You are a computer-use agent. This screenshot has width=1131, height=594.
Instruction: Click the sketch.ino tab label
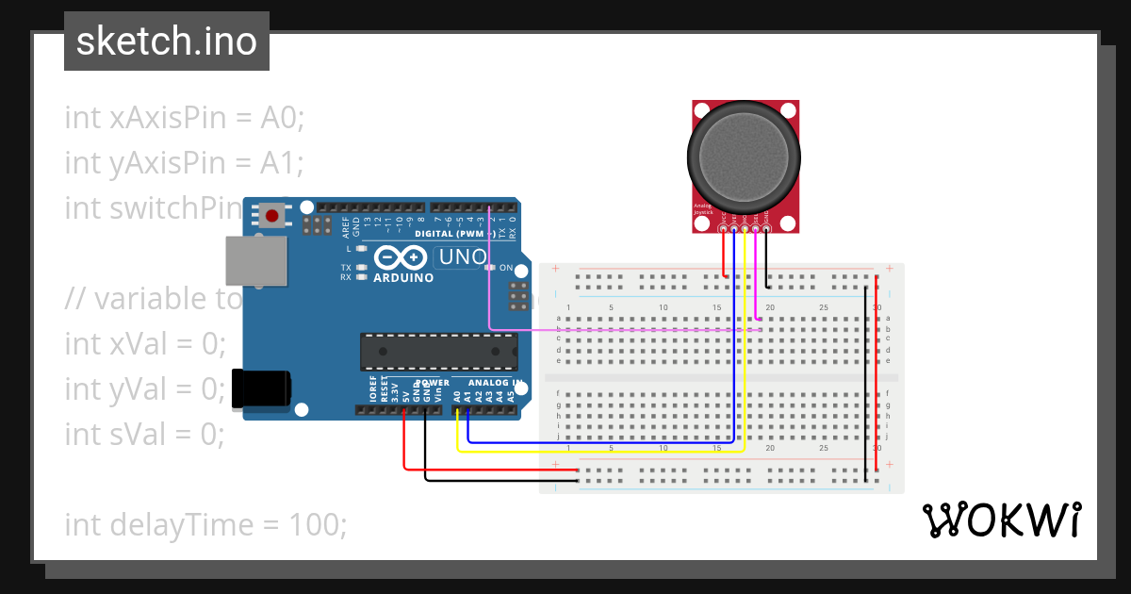pos(166,41)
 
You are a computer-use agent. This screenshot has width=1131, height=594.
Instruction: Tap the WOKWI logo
pos(1001,520)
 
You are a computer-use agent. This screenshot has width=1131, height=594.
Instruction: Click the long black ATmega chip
pos(438,351)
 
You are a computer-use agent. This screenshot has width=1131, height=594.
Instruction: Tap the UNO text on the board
pos(461,257)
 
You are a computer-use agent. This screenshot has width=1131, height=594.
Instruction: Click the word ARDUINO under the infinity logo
pos(403,278)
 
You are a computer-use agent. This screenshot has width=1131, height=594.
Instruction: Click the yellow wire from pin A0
pos(603,451)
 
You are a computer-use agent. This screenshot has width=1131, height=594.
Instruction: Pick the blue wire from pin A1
pos(603,440)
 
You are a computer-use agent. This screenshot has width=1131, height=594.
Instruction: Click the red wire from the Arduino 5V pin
pos(471,469)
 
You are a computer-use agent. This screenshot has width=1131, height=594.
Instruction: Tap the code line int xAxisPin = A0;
pos(185,118)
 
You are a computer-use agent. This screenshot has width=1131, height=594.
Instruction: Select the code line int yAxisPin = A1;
pos(184,163)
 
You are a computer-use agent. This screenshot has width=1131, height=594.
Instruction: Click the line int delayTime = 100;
pos(205,524)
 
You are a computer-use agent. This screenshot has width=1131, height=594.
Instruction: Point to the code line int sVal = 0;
pos(144,434)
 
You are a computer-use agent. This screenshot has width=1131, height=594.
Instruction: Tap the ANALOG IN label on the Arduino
pos(495,383)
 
